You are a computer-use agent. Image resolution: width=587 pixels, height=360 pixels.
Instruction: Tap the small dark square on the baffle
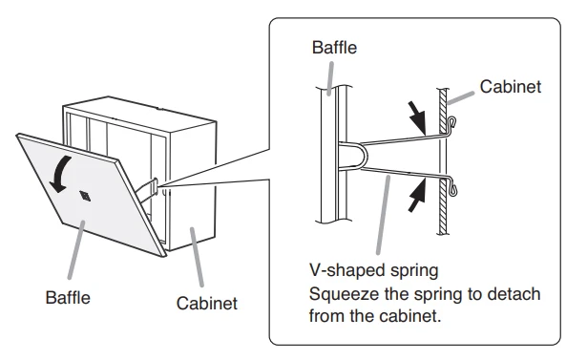point(85,196)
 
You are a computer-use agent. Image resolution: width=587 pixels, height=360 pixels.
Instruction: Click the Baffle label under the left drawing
point(68,298)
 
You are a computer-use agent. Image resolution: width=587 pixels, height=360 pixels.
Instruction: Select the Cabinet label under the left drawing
point(207,303)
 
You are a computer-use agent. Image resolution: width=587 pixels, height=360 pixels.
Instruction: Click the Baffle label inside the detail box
point(334,48)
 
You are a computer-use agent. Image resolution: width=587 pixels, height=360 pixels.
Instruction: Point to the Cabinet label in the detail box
point(511,87)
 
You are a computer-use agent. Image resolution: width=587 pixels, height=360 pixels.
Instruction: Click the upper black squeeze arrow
point(417,116)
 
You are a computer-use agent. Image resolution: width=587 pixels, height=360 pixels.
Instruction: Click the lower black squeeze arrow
point(417,195)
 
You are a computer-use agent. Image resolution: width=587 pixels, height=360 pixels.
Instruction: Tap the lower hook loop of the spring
point(451,189)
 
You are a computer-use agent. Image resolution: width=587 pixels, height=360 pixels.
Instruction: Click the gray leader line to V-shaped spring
point(384,215)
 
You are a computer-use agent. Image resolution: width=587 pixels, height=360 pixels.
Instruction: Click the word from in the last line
point(326,316)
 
